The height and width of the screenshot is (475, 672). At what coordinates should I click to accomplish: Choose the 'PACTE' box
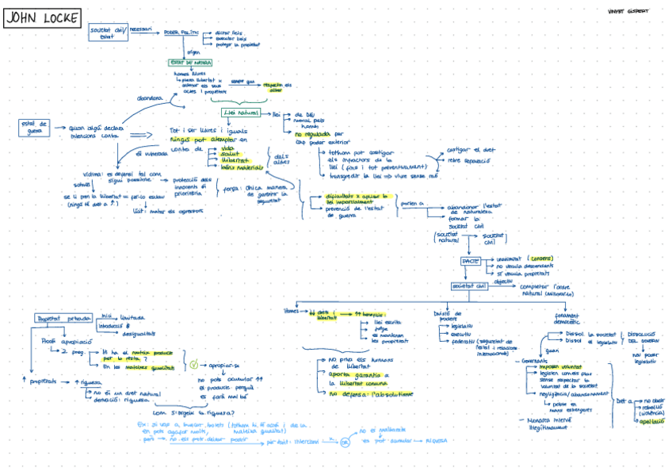471,260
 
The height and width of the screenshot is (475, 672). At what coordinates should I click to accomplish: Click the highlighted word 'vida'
227,148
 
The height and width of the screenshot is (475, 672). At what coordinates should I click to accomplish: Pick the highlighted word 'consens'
541,258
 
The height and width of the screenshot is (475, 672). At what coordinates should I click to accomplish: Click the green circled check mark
194,366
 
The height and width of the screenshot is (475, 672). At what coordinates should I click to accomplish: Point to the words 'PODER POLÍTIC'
181,33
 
